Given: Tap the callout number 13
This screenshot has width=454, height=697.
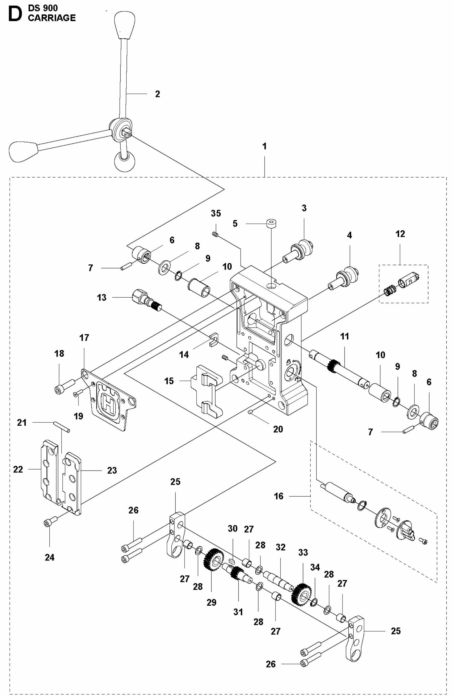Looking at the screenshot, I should pyautogui.click(x=101, y=298).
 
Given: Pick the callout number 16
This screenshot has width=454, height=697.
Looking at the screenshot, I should pyautogui.click(x=279, y=496).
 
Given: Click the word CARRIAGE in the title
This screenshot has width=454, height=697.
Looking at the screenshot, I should pyautogui.click(x=52, y=18).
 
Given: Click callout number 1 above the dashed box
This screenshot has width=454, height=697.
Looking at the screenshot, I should pyautogui.click(x=264, y=146).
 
